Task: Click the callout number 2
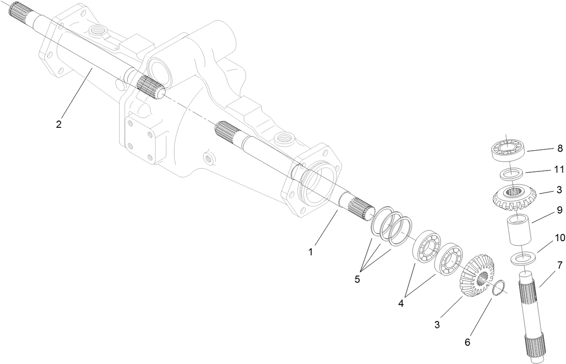[x=58, y=124]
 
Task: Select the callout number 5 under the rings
[x=357, y=279]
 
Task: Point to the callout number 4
[x=401, y=303]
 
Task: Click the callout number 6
[x=467, y=342]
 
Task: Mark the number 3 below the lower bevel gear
[x=436, y=324]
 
